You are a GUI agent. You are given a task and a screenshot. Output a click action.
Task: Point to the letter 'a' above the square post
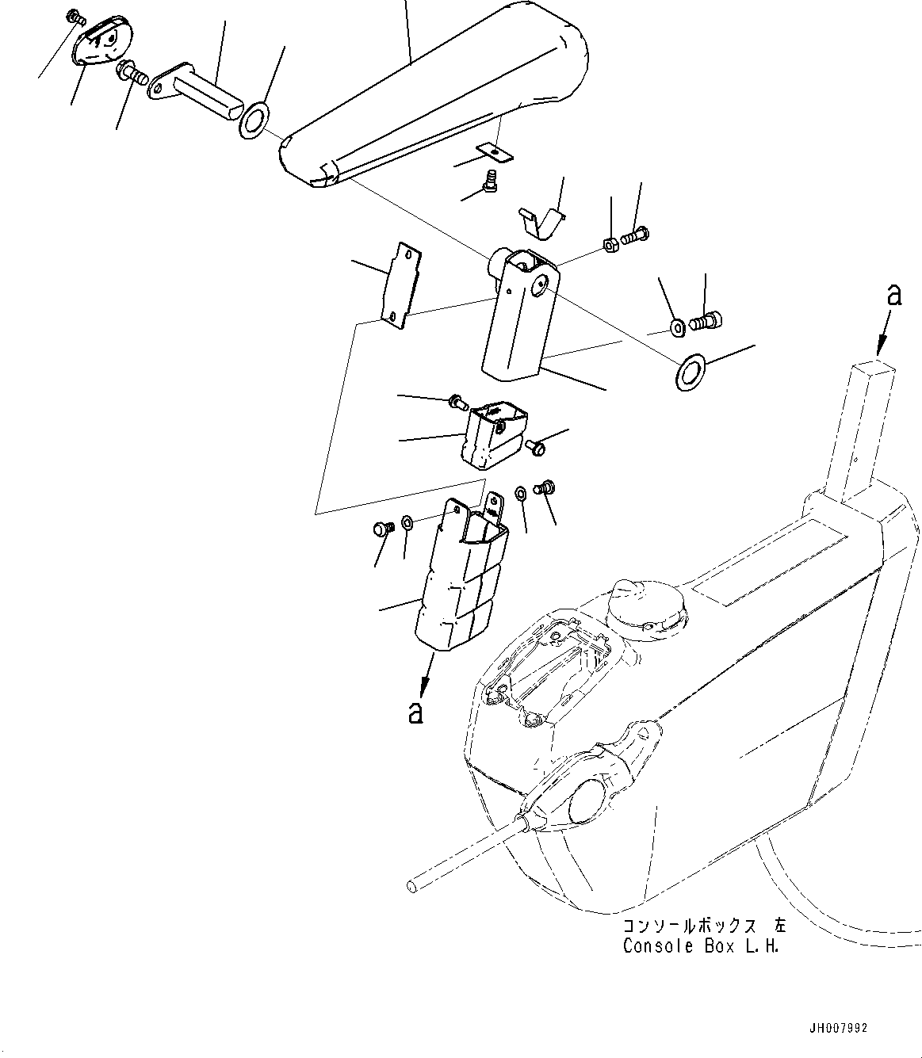click(894, 296)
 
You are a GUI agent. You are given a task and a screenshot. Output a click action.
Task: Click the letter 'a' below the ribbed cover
click(414, 712)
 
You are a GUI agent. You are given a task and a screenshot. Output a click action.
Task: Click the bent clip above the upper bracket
click(541, 222)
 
